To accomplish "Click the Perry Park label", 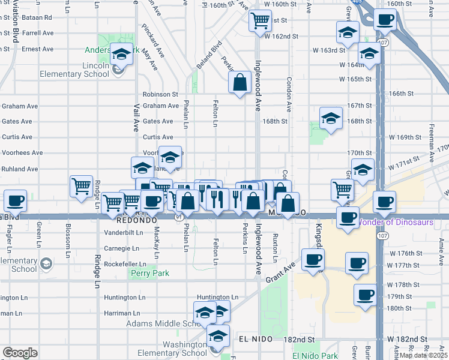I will coord(149,273).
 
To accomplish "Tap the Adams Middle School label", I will coord(162,323).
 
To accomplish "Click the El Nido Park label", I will coord(315,355).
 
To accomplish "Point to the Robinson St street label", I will coord(160,94).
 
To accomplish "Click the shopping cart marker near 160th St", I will coord(260,21).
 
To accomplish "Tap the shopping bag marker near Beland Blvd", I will coord(240,83).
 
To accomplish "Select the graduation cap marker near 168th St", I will coord(331,118).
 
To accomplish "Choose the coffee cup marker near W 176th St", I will coord(312,260).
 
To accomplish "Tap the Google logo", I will coord(20,353).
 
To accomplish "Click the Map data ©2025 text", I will coord(423,355).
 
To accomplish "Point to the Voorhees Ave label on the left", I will coord(22,152).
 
